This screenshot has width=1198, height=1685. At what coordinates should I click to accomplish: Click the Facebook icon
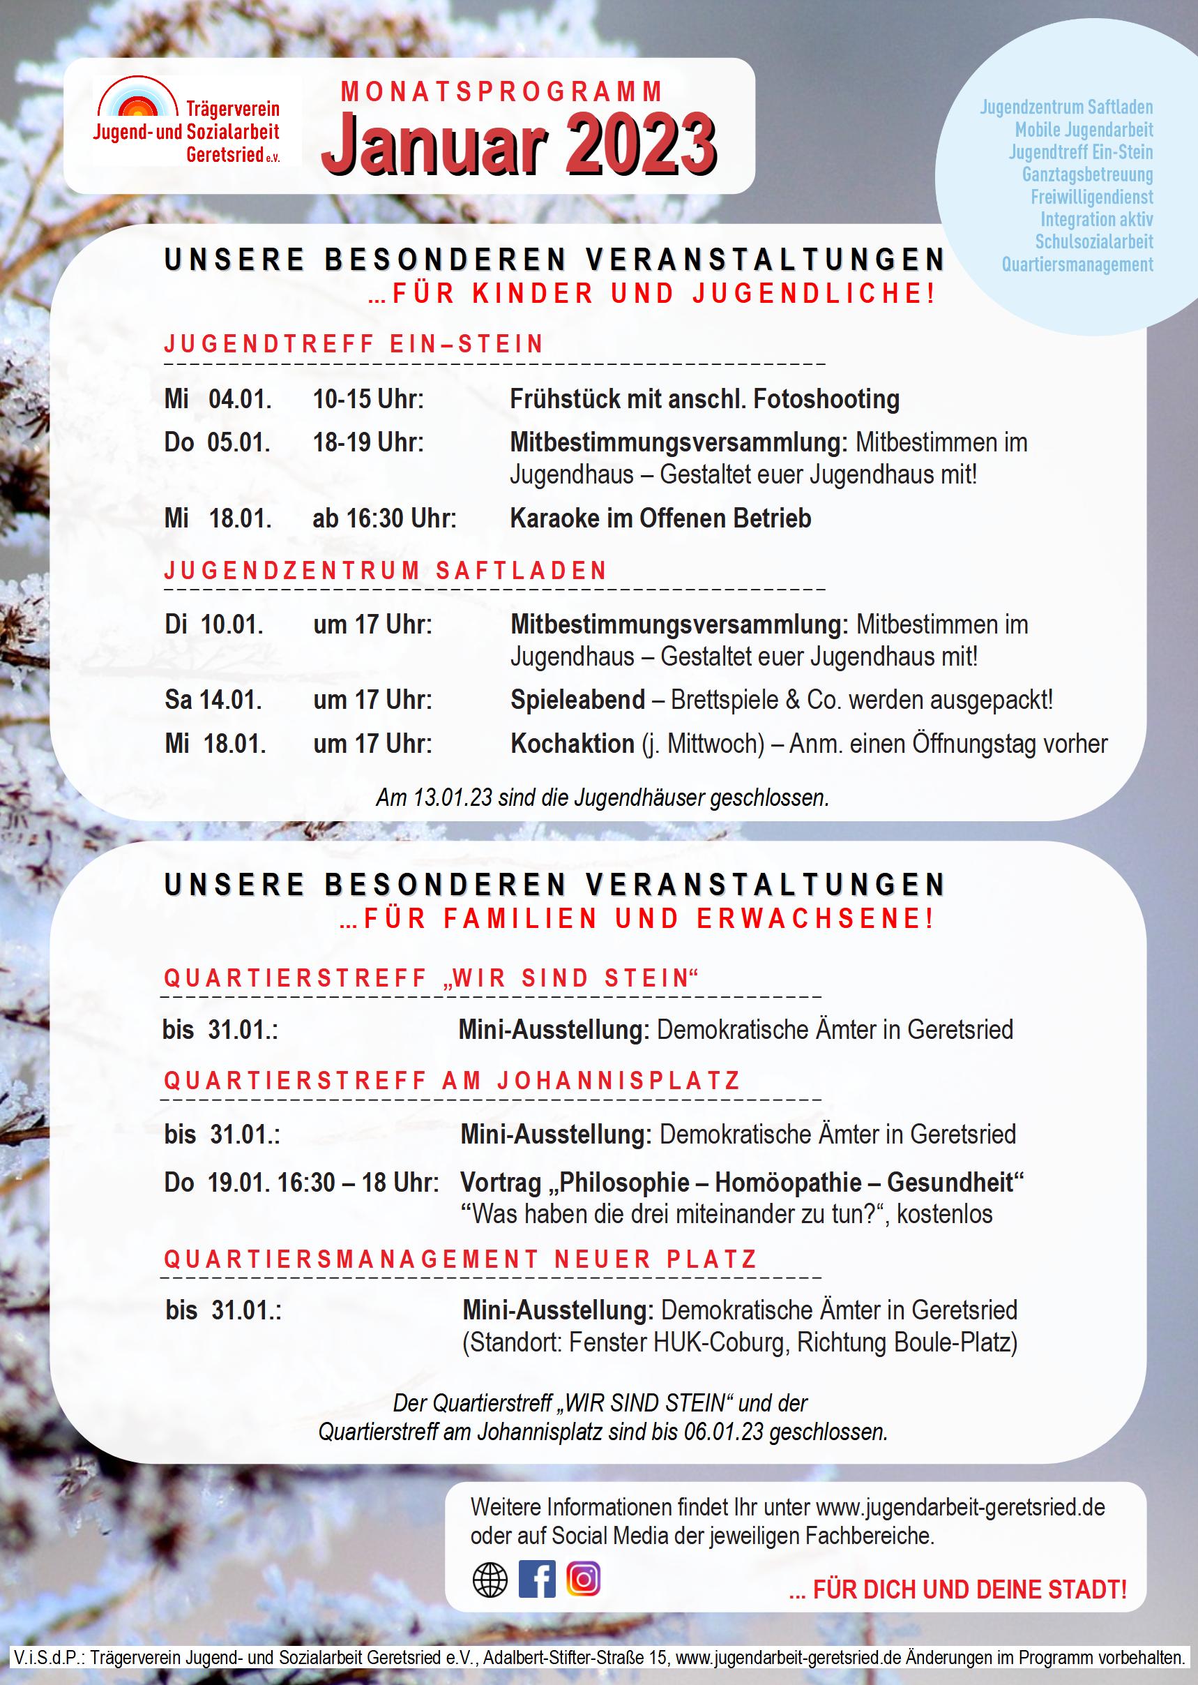tap(537, 1580)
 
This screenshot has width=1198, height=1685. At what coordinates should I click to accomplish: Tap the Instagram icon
tap(584, 1579)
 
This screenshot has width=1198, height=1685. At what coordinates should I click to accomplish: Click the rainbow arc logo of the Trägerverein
tap(139, 100)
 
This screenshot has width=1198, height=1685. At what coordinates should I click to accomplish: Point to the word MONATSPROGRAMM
tap(502, 91)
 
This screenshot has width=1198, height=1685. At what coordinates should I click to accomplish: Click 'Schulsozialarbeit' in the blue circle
tap(1093, 241)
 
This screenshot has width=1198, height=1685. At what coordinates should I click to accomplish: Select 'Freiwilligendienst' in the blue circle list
tap(1092, 197)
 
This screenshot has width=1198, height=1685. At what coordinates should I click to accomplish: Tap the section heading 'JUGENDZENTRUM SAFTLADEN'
tap(386, 571)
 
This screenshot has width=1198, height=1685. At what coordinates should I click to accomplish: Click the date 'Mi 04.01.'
tap(218, 399)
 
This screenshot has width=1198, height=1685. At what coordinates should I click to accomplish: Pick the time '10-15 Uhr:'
tap(368, 399)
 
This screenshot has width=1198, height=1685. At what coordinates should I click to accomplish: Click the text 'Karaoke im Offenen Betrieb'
tap(660, 518)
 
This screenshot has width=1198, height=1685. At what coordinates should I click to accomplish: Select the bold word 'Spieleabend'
tap(577, 700)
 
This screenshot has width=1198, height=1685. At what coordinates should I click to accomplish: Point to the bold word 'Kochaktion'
tap(573, 744)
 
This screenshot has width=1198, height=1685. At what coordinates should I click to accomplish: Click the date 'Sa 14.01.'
tap(213, 700)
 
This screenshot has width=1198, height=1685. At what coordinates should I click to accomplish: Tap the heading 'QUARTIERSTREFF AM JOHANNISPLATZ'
tap(452, 1081)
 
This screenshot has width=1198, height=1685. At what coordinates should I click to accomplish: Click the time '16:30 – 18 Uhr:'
tap(358, 1183)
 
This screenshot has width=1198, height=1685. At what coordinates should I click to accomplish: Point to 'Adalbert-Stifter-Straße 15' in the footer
tap(577, 1657)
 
